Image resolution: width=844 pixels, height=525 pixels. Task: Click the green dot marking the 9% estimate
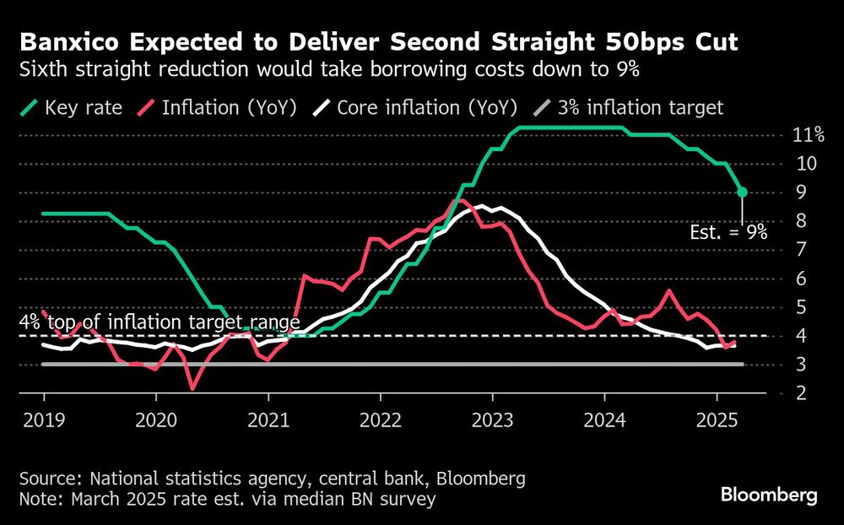[742, 192]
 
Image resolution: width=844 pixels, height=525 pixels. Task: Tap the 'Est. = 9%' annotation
[728, 234]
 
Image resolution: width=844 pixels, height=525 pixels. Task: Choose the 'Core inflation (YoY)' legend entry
[413, 108]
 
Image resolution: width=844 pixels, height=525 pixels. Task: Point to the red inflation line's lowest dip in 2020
[193, 388]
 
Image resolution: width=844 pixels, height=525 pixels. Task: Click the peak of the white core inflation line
[480, 206]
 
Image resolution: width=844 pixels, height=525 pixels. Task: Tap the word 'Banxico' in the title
[70, 41]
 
